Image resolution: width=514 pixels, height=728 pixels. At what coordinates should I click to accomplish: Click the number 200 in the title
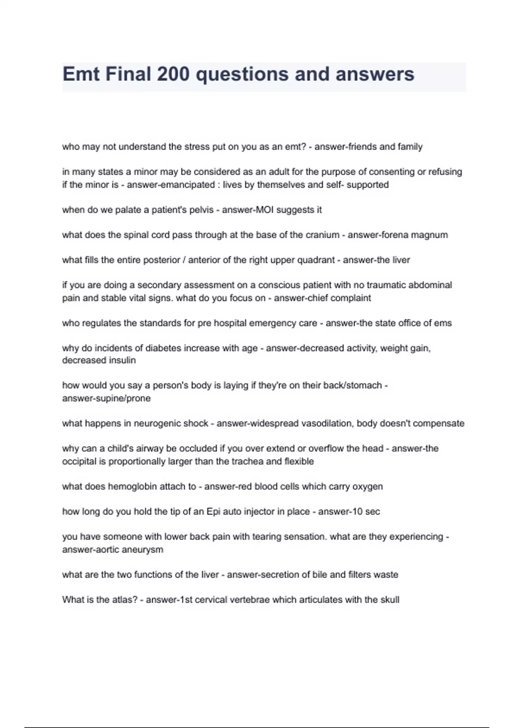click(x=173, y=74)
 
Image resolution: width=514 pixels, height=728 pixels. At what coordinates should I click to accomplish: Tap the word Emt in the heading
click(x=81, y=74)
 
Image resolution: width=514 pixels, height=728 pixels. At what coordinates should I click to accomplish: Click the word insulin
click(x=122, y=361)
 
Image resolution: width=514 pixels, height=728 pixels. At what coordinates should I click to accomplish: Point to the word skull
click(x=390, y=600)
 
